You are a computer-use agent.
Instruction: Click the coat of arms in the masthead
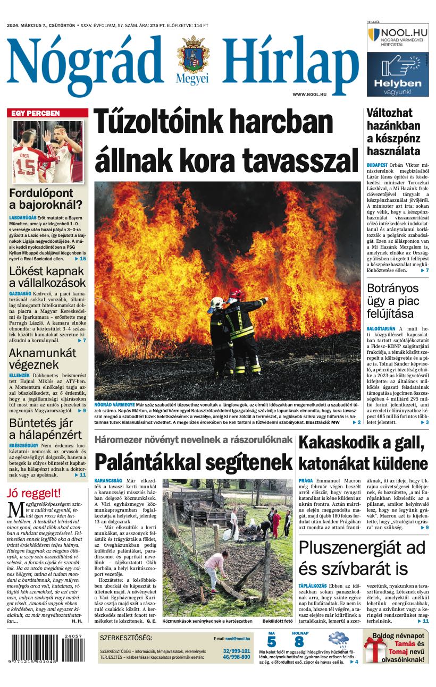(193, 55)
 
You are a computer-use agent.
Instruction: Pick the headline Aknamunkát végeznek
(43, 359)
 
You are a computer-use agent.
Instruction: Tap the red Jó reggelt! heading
(34, 493)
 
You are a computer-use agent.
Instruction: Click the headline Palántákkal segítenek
(194, 461)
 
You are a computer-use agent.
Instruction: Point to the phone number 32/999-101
(237, 651)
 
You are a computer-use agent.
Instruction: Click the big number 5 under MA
(271, 641)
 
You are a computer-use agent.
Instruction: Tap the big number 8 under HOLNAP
(299, 641)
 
